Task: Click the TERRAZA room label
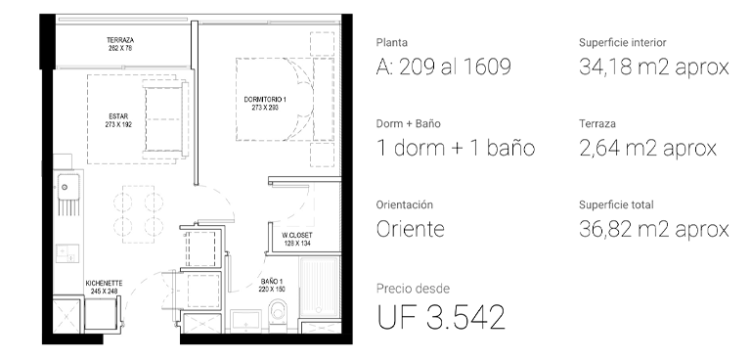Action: pos(120,40)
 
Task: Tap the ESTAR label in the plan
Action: pos(118,116)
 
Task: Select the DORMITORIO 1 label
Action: pos(265,100)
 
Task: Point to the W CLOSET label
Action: pos(297,236)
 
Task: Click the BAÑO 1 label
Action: pos(272,282)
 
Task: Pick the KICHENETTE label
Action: pos(104,284)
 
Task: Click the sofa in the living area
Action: pos(165,119)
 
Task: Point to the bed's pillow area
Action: pos(324,100)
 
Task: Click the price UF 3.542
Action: pos(441,317)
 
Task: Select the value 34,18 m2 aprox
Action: pos(654,67)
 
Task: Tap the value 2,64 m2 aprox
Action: pos(647,148)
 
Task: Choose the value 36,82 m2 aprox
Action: pos(654,229)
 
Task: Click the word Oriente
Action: pos(411,229)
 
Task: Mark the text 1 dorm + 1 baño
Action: pos(456,148)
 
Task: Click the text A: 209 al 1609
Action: pos(444,67)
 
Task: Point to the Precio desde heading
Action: pos(413,289)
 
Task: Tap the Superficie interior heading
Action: pos(623,43)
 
